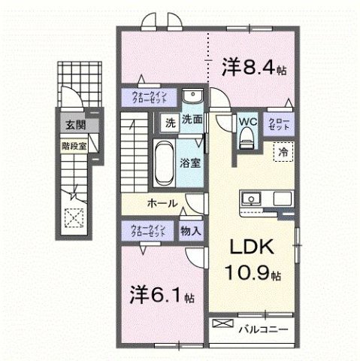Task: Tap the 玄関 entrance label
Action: click(74, 126)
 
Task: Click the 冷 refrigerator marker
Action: click(283, 151)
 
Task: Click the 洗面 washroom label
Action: click(192, 119)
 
